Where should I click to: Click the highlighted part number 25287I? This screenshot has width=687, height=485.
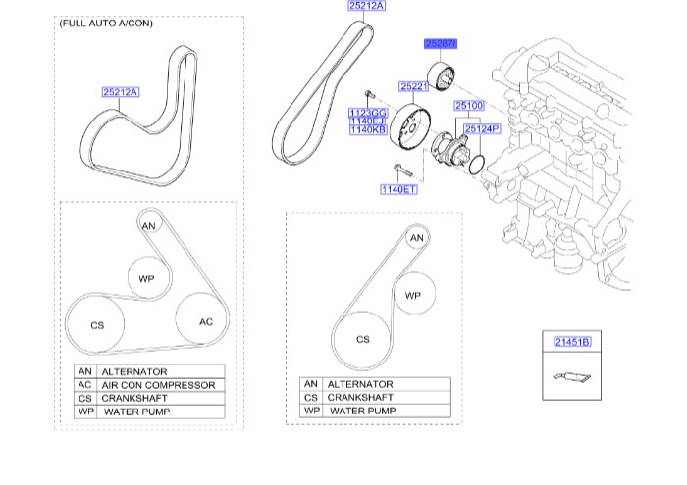[441, 44]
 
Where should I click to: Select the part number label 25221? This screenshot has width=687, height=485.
[414, 87]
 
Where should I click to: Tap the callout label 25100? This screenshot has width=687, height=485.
[469, 105]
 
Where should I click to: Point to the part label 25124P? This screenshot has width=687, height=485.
[482, 128]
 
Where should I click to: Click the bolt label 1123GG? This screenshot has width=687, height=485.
[367, 115]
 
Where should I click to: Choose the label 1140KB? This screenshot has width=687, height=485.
[367, 130]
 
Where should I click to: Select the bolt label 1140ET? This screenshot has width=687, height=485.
[399, 188]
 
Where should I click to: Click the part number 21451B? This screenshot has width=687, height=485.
[571, 342]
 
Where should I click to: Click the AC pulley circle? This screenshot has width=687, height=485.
[205, 321]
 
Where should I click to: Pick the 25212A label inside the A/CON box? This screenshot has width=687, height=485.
[121, 93]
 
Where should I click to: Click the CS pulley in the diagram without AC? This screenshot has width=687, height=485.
[362, 339]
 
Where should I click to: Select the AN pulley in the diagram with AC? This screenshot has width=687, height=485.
[149, 226]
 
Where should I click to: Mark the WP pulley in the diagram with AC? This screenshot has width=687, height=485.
[146, 279]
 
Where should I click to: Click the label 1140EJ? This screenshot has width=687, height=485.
[367, 122]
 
